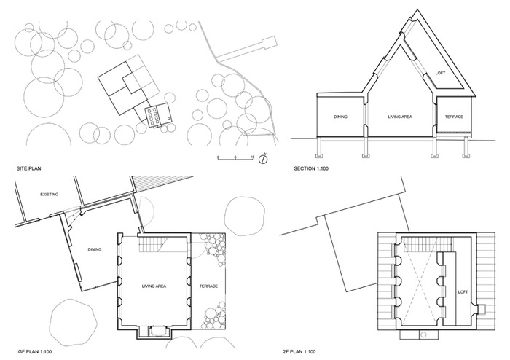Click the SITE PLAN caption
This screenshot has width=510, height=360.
[x=28, y=168]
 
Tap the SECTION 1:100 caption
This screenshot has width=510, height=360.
[x=311, y=168]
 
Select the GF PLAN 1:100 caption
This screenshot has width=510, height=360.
[x=34, y=351]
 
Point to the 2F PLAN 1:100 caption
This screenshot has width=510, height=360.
[x=299, y=351]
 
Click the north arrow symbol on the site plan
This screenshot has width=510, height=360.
[x=263, y=159]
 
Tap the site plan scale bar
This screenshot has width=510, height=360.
[x=235, y=158]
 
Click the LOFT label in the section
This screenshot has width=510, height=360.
[x=440, y=73]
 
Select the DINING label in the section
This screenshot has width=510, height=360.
[x=340, y=117]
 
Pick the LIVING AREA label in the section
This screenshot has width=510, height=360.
[x=400, y=117]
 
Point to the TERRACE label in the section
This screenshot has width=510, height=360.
[x=454, y=117]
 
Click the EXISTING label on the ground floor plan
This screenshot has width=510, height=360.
[x=50, y=195]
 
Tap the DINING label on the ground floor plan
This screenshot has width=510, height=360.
[x=95, y=249]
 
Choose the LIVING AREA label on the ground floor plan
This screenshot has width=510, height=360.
[x=154, y=286]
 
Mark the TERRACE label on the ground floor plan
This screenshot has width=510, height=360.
[x=208, y=286]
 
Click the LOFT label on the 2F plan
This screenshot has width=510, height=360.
[x=463, y=292]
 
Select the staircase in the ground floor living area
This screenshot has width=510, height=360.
[x=154, y=245]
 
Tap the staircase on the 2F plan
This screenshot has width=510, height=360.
[x=427, y=244]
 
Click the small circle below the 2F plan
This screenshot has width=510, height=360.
[x=423, y=334]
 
